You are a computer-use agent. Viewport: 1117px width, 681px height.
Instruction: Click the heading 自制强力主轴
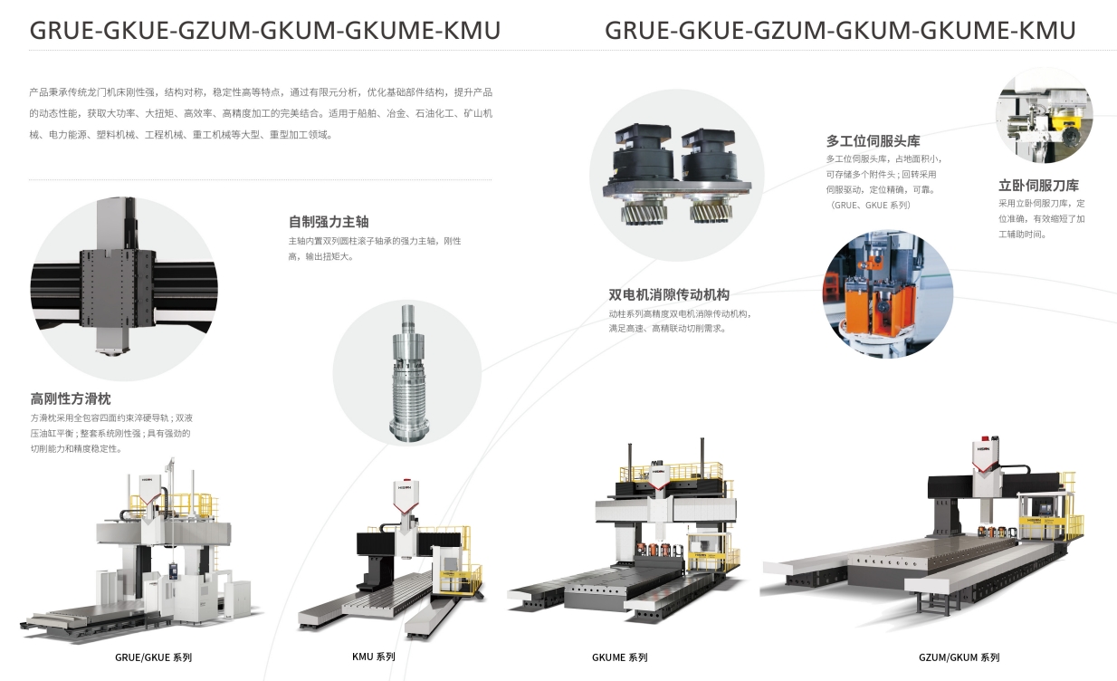(329, 222)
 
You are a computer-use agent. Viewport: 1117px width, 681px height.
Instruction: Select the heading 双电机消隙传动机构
(669, 294)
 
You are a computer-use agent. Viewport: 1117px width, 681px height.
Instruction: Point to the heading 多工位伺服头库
(873, 141)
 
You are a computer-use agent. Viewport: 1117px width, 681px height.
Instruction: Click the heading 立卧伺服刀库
(1038, 186)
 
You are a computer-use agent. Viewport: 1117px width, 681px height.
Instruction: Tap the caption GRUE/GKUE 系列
(153, 657)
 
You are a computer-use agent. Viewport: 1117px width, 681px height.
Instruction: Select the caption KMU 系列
(373, 657)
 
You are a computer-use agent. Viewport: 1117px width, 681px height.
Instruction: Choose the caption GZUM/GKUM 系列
(959, 657)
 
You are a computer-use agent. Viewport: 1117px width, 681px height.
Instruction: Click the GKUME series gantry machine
(625, 543)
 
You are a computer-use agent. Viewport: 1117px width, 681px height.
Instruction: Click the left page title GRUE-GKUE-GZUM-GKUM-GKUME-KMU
(264, 31)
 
